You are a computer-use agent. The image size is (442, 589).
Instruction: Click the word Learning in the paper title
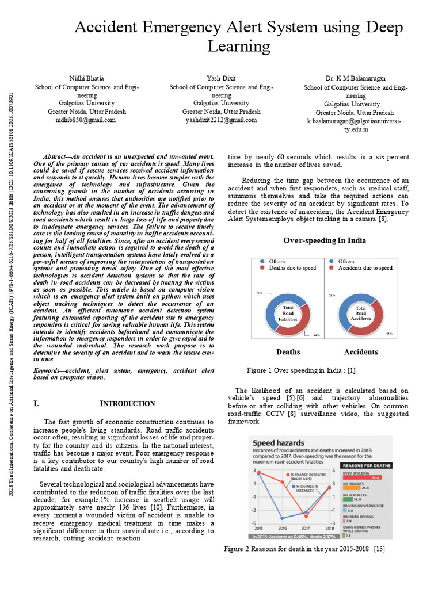click(238, 47)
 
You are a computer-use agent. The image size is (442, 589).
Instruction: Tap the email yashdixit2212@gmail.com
click(221, 120)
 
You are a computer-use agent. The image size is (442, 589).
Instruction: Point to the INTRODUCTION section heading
click(127, 404)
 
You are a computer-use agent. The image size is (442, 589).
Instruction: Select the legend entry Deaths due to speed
click(292, 268)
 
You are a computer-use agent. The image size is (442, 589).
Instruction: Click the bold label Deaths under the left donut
click(288, 351)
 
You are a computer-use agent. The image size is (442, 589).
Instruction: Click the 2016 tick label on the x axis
click(282, 527)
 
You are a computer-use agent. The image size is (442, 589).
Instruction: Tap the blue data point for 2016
click(282, 518)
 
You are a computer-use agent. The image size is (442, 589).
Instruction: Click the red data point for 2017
click(306, 516)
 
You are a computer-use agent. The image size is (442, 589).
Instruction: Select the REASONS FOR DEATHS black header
click(367, 465)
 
